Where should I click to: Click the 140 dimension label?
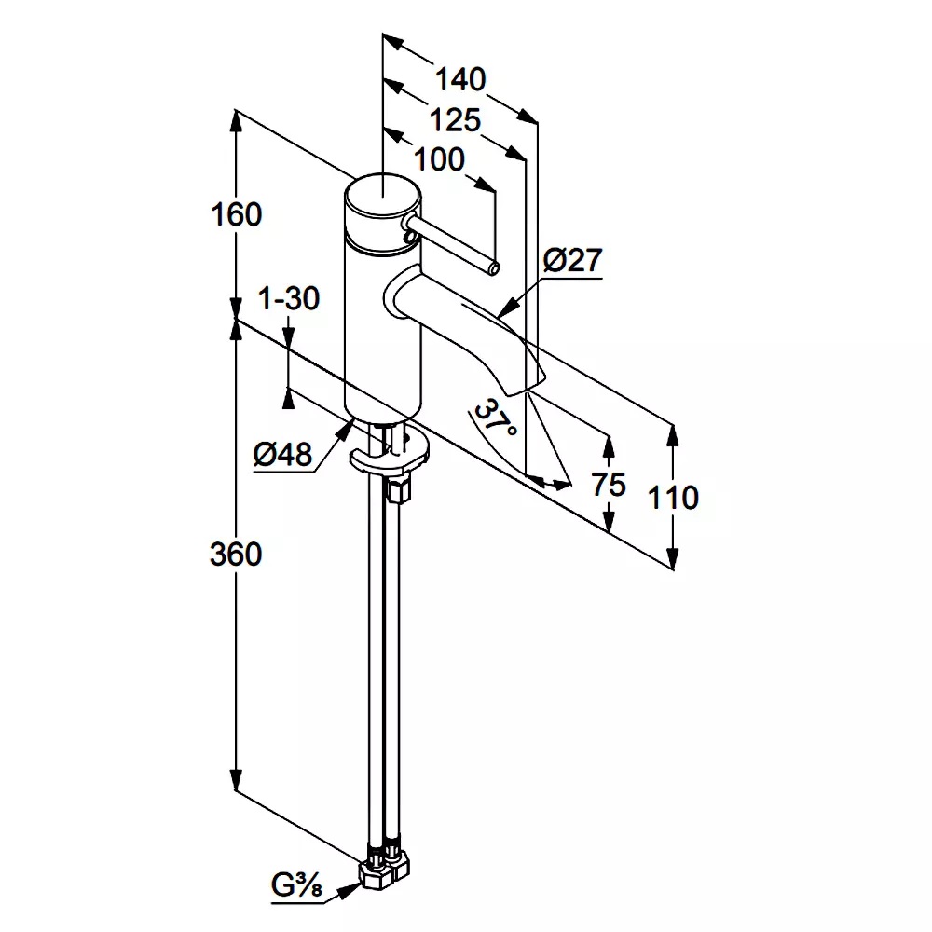[460, 79]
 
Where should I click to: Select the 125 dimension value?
[455, 120]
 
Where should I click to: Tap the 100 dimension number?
[439, 160]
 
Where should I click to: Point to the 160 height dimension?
[237, 214]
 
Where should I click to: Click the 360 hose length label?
[236, 555]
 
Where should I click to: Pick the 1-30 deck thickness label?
[289, 298]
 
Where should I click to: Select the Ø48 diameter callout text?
[282, 456]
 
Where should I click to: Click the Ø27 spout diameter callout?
[573, 260]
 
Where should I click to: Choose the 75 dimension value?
[609, 485]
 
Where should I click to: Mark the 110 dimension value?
[673, 498]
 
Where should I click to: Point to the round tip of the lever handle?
[494, 269]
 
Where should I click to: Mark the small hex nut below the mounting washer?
[398, 490]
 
